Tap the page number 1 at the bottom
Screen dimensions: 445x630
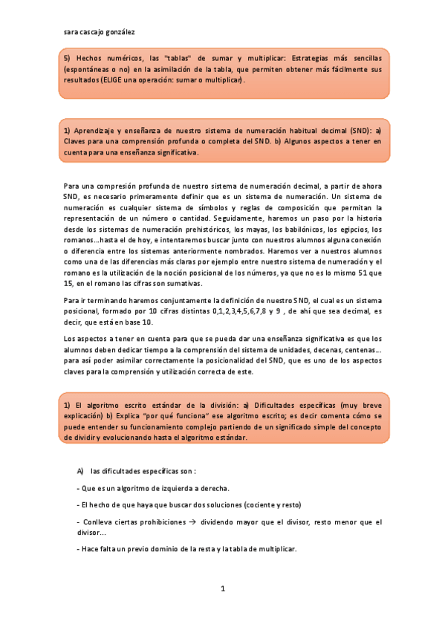(x=222, y=588)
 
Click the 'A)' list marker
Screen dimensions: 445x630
(x=80, y=471)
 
